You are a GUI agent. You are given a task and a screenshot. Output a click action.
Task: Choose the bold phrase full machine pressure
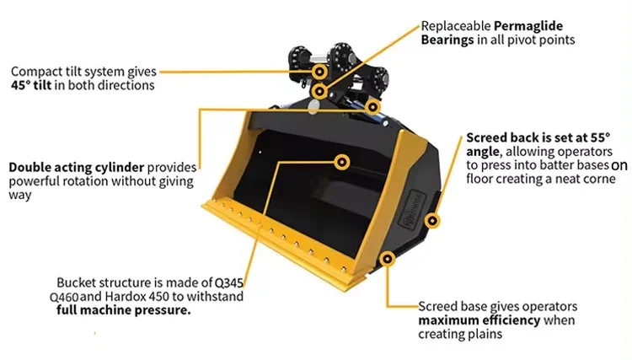click(x=123, y=310)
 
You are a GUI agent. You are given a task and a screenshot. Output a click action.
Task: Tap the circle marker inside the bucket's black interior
click(x=342, y=159)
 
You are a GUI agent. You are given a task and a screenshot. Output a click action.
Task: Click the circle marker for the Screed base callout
click(x=388, y=257)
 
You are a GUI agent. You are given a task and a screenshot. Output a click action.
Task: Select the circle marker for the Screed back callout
click(x=432, y=222)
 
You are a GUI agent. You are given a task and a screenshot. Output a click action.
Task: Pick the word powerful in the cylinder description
click(x=35, y=180)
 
